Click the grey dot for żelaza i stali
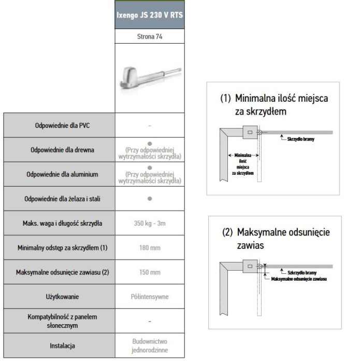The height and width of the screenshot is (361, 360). click(x=149, y=198)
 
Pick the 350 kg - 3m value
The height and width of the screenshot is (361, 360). click(x=149, y=223)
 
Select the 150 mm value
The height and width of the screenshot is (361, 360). click(x=149, y=271)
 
